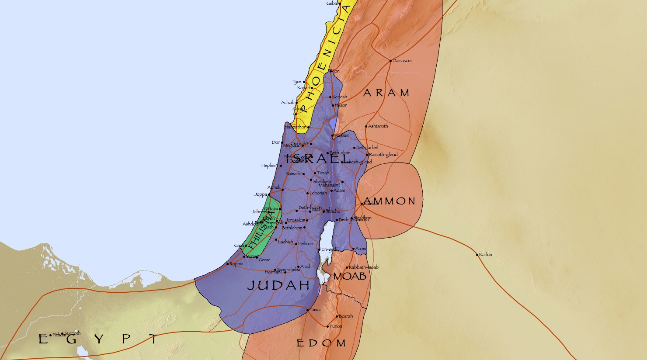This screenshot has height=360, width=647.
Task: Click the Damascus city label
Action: click(x=402, y=61)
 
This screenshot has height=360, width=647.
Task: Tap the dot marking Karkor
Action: click(x=477, y=255)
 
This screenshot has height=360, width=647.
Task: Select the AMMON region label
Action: click(x=390, y=201)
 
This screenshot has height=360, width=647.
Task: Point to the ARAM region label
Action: click(x=386, y=93)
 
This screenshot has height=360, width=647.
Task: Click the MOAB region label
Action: click(x=350, y=277)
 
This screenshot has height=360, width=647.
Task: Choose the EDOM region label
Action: click(x=321, y=343)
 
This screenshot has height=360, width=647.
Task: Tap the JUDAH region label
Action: click(x=278, y=286)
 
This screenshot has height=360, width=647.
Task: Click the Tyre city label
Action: click(x=297, y=82)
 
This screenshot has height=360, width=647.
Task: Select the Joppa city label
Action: click(x=261, y=194)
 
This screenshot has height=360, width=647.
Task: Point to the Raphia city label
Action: click(x=236, y=264)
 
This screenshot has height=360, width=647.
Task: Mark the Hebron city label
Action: click(x=306, y=244)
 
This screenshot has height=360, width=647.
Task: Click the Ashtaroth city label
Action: click(x=378, y=126)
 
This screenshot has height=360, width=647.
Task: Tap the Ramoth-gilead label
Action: click(x=383, y=155)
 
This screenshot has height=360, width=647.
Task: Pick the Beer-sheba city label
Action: click(x=289, y=270)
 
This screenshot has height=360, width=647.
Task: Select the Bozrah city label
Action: click(x=345, y=316)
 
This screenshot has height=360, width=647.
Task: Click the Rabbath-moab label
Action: click(x=364, y=267)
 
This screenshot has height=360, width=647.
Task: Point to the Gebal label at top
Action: click(x=332, y=3)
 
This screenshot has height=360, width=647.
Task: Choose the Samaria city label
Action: click(x=294, y=174)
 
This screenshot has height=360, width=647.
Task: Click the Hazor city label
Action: click(x=341, y=105)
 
